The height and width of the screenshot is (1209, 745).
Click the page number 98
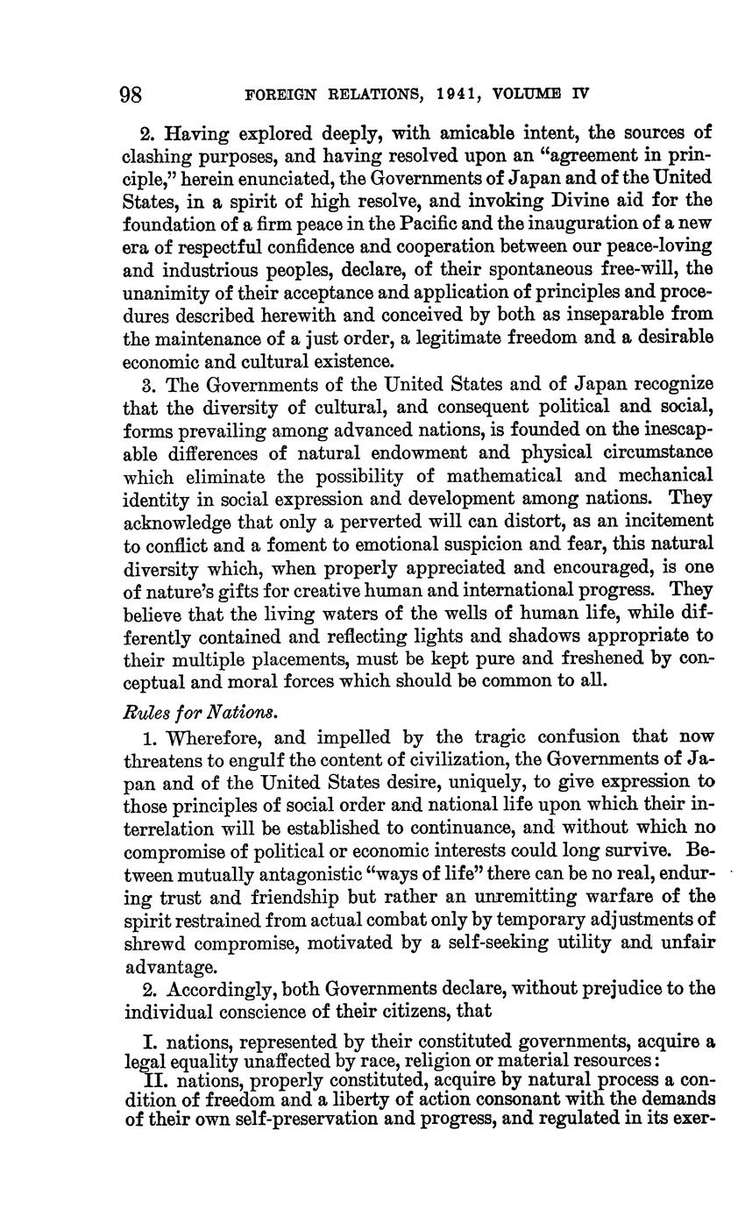coord(138,94)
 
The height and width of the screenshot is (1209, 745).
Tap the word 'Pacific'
coord(436,224)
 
